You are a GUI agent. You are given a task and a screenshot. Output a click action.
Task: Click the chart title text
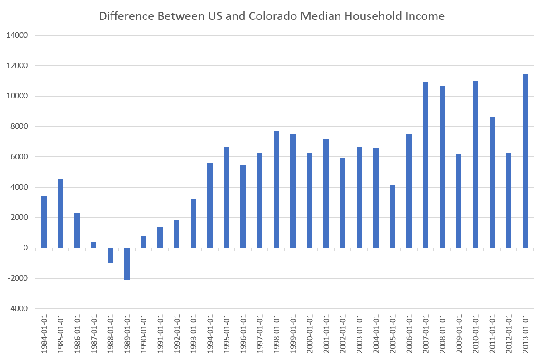(272, 17)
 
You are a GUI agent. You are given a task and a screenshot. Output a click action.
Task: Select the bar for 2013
(525, 161)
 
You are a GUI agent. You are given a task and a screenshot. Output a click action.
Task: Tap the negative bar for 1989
(127, 263)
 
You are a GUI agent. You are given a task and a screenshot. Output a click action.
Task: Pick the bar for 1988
(110, 255)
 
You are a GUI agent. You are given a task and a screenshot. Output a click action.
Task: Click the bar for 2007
(426, 165)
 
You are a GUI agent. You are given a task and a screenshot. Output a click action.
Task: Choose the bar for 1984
(44, 222)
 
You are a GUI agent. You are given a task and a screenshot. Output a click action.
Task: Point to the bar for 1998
(276, 189)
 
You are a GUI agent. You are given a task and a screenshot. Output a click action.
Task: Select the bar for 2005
(392, 217)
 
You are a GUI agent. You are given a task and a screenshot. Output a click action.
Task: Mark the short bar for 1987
(94, 245)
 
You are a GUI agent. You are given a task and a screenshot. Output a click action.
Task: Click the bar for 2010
(475, 165)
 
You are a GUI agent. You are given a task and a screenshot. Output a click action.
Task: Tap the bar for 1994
(210, 205)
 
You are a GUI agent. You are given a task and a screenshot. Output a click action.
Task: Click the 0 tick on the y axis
(25, 248)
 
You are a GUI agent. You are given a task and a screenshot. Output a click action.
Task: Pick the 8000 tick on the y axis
(21, 126)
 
